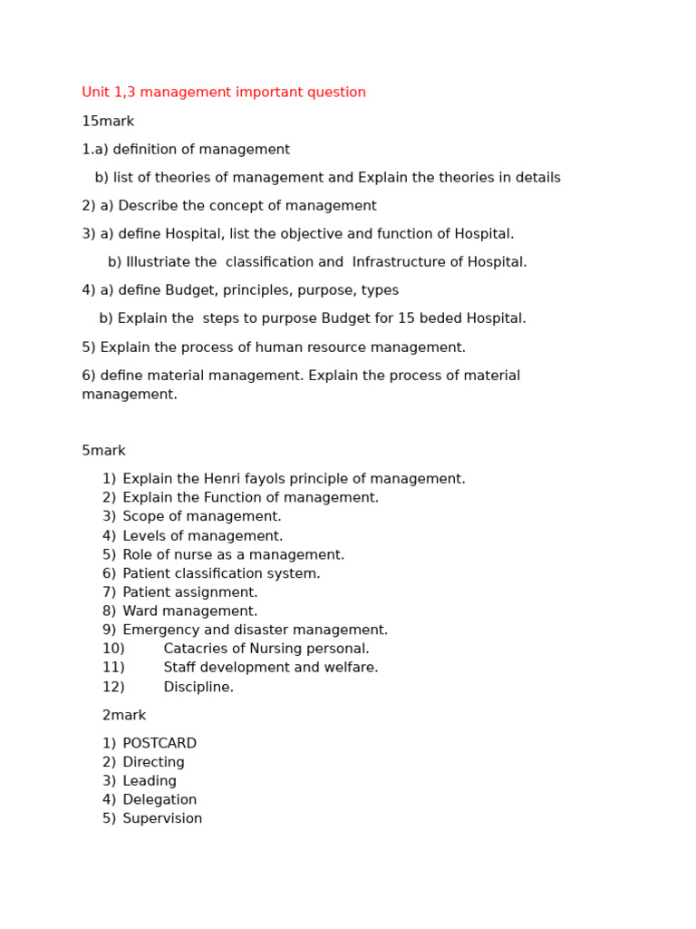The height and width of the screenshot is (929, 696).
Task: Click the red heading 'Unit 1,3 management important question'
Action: [224, 93]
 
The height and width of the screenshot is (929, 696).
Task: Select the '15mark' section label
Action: [108, 122]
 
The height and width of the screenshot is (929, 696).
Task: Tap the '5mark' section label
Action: [103, 451]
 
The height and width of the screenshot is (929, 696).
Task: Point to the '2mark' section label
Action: [124, 716]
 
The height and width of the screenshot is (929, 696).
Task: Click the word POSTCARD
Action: [159, 744]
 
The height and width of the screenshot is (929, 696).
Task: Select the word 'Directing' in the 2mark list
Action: [153, 763]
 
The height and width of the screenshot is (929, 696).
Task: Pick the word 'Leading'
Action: [150, 781]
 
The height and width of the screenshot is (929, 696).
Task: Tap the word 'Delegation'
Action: [159, 800]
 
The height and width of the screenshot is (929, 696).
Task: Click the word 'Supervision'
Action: [162, 819]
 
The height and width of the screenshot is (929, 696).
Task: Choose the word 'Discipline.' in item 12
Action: [198, 688]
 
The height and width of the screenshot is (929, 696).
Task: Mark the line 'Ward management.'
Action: [190, 611]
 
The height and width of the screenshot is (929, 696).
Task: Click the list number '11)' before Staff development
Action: [113, 669]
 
